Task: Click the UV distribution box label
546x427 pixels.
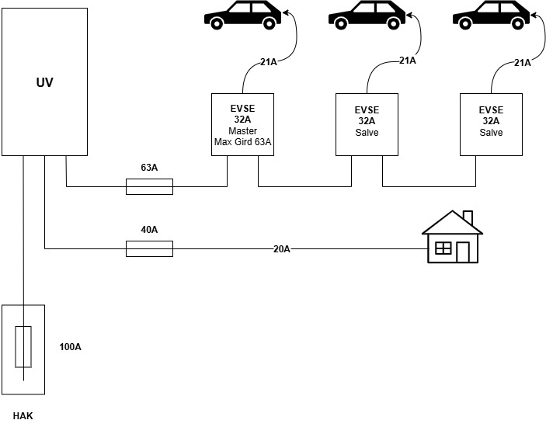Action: click(44, 82)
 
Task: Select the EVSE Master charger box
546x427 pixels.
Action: click(242, 124)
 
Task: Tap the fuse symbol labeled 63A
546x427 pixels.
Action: click(149, 186)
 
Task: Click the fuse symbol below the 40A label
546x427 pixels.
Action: click(149, 248)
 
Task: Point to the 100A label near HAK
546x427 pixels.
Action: click(71, 346)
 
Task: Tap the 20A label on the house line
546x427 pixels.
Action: click(281, 248)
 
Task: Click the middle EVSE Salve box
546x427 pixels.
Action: click(366, 124)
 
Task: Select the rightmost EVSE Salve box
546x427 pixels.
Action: click(491, 124)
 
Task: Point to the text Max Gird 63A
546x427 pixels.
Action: click(242, 142)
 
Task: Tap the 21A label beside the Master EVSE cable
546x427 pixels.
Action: click(269, 63)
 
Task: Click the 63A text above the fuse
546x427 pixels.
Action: click(149, 167)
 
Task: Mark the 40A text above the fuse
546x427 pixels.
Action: click(149, 229)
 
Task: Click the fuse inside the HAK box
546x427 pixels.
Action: click(24, 347)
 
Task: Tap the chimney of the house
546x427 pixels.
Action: click(468, 217)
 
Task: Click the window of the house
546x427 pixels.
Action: click(443, 248)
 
